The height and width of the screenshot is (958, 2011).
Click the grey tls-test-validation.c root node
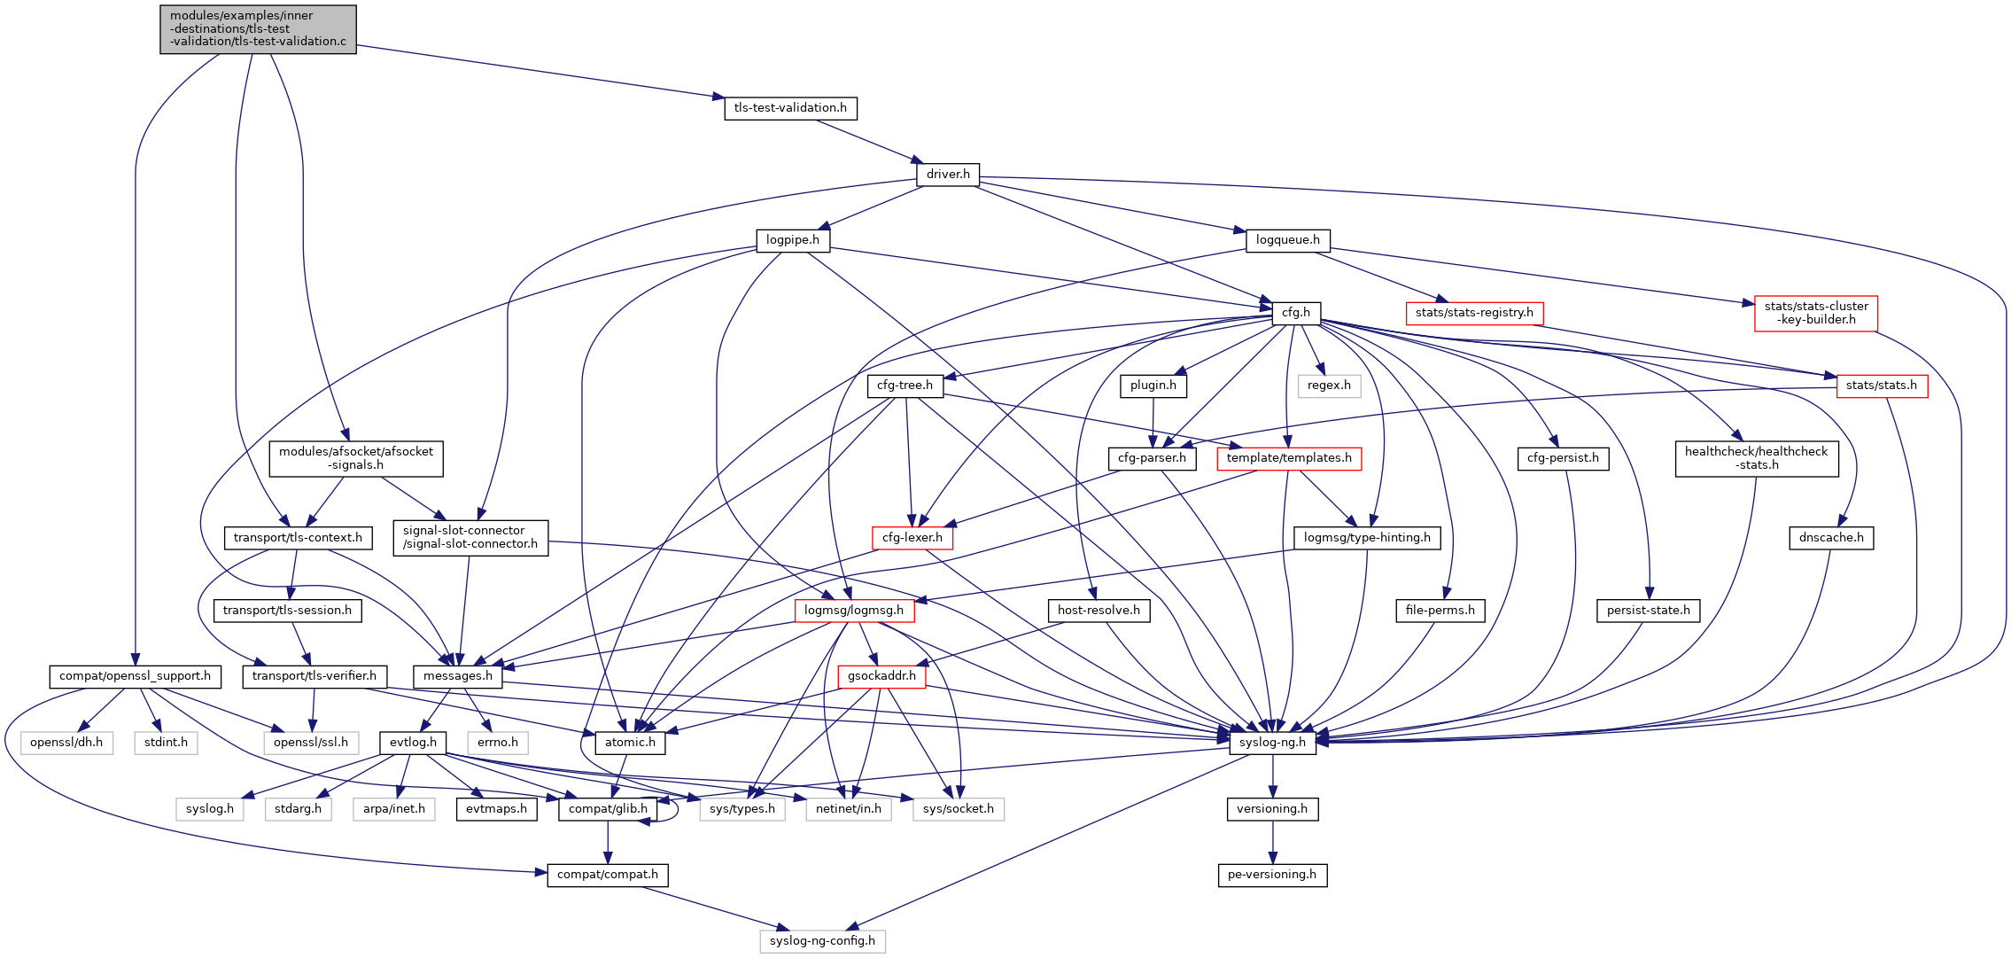point(258,29)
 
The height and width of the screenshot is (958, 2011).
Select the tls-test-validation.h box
point(790,108)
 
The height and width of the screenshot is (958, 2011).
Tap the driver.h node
point(948,175)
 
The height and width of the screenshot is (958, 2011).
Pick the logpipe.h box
point(792,240)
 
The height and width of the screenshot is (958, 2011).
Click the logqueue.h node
point(1287,240)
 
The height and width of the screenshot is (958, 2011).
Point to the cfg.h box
point(1295,313)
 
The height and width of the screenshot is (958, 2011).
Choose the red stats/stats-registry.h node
point(1474,313)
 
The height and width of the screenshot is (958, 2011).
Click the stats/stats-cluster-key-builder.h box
point(1815,314)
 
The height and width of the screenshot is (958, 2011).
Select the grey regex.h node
point(1329,386)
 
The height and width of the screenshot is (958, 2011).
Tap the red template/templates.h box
point(1289,458)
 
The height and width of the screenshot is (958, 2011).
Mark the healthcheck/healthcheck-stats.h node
point(1756,458)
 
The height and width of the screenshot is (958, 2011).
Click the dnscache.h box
point(1831,538)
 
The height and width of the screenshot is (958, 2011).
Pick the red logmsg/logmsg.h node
point(854,611)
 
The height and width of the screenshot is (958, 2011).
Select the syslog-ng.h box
point(1272,743)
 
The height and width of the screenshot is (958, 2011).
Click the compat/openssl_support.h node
point(135,676)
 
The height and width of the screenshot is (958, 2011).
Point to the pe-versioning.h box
point(1271,875)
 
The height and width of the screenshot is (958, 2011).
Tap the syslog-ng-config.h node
point(822,941)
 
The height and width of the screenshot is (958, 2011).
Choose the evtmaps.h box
point(496,809)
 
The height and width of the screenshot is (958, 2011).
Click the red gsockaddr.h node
point(881,676)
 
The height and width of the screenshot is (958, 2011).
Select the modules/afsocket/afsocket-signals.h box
point(356,458)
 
